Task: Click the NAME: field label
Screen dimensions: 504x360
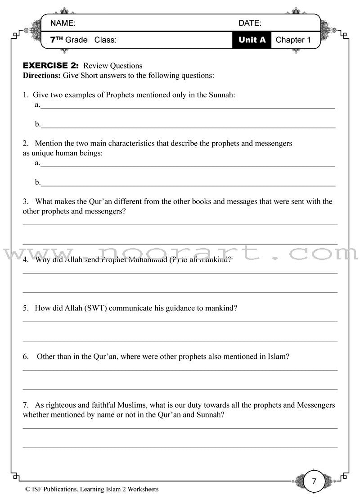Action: pyautogui.click(x=63, y=23)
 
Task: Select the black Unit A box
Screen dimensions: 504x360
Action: pyautogui.click(x=252, y=40)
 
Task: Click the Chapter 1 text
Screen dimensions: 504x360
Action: pyautogui.click(x=293, y=40)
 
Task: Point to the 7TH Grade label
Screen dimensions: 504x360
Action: pyautogui.click(x=69, y=40)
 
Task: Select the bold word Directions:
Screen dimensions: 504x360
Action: pyautogui.click(x=41, y=75)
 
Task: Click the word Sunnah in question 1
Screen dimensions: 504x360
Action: pyautogui.click(x=221, y=95)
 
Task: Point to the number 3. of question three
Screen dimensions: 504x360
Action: pyautogui.click(x=26, y=201)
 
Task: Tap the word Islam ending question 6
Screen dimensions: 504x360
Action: pyautogui.click(x=279, y=356)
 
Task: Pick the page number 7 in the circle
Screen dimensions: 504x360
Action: pyautogui.click(x=314, y=481)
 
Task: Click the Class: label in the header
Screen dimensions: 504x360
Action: pyautogui.click(x=105, y=40)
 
